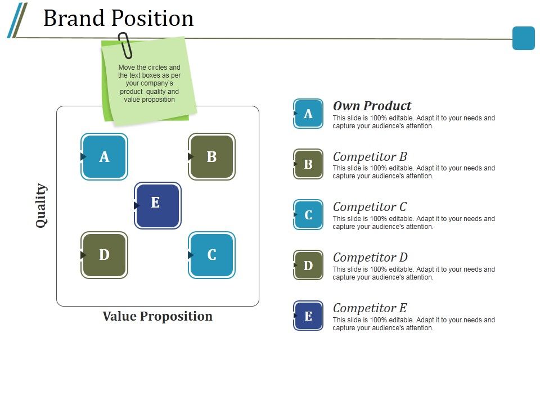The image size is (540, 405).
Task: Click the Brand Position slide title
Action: click(x=118, y=19)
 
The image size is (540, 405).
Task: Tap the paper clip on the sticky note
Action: click(x=125, y=46)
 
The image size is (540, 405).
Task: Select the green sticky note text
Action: click(x=149, y=83)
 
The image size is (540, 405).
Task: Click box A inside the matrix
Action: click(x=104, y=157)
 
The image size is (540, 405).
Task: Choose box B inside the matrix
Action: click(x=211, y=157)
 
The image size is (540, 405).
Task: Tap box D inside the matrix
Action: click(x=104, y=255)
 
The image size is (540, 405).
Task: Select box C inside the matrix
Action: click(x=211, y=255)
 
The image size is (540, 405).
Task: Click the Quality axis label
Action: click(x=41, y=205)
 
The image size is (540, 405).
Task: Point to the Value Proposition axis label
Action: click(x=157, y=316)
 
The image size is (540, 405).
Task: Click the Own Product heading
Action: click(x=372, y=106)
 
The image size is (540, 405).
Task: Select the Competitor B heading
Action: click(x=370, y=156)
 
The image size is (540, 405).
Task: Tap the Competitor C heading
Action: click(x=370, y=207)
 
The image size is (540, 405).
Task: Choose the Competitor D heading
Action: click(x=370, y=258)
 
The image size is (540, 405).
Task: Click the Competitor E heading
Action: click(x=370, y=308)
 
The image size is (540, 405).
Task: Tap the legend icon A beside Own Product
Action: click(x=308, y=114)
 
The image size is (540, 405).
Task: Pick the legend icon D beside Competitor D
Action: click(x=308, y=265)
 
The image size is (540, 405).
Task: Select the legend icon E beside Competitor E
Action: click(x=308, y=316)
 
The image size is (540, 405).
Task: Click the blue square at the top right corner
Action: click(x=523, y=38)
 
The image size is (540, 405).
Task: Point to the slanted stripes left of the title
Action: click(x=17, y=20)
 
